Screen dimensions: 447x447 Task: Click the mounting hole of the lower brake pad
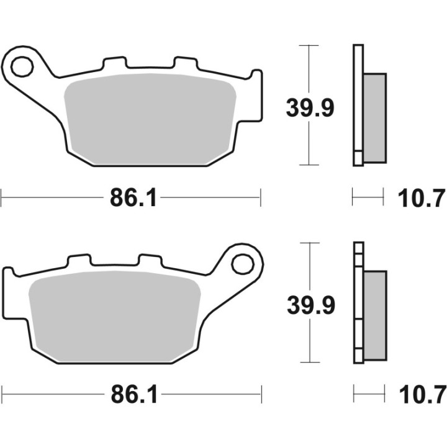pos(240,263)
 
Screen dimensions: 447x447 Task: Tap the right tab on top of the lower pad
pos(149,261)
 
